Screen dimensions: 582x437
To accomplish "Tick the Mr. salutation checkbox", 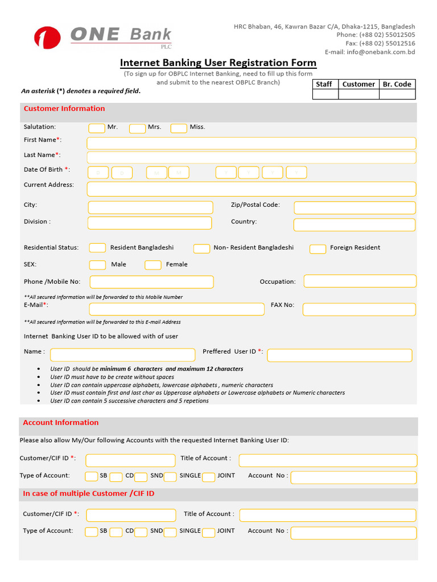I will [x=97, y=128].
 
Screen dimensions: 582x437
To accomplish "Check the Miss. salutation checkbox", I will [x=179, y=128].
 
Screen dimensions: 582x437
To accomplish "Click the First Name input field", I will [x=251, y=143].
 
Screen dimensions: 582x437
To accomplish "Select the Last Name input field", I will [x=251, y=157].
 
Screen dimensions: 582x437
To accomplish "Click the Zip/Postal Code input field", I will [x=354, y=207].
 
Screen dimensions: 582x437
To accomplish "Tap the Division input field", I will [x=150, y=223].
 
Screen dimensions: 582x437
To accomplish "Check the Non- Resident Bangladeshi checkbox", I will [x=201, y=248].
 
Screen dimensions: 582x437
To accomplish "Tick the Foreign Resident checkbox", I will [x=318, y=248].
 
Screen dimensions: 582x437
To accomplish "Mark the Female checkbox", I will [x=153, y=265].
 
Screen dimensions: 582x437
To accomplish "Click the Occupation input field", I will [x=360, y=281].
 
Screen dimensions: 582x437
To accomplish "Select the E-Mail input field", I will [x=176, y=309].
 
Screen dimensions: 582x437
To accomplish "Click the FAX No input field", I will [x=359, y=309].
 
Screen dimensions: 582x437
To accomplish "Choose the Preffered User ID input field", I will [x=339, y=355].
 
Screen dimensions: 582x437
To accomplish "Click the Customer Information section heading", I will [x=64, y=109].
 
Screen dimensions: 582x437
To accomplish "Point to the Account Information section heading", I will [x=60, y=423].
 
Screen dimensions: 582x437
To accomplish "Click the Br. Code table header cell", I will [x=397, y=84].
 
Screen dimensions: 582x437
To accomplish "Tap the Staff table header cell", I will [x=324, y=84].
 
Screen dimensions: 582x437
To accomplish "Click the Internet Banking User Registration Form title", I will [x=218, y=63].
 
